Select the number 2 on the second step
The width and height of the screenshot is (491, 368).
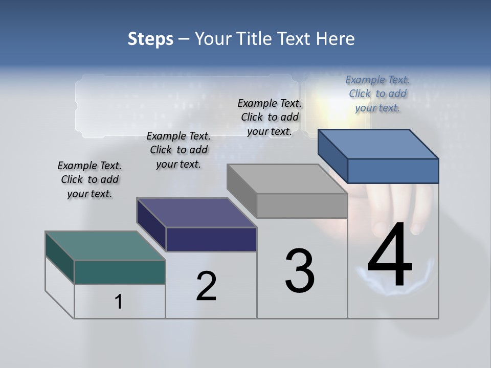point(207,286)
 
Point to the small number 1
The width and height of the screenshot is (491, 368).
point(119,302)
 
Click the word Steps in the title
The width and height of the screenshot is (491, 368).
point(150,39)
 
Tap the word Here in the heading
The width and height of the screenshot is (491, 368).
point(336,39)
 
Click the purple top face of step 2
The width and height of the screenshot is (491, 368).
point(197,213)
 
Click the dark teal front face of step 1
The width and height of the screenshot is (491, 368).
point(120,272)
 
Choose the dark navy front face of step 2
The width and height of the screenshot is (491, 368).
point(211,239)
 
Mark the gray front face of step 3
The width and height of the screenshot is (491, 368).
point(302,205)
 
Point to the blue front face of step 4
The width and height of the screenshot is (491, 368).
point(393,171)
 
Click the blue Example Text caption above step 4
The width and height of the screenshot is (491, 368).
point(377,94)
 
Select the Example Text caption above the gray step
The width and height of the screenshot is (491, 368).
point(270,117)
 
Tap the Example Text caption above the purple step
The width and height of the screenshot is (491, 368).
point(178,150)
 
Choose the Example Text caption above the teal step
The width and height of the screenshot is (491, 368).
point(90,179)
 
